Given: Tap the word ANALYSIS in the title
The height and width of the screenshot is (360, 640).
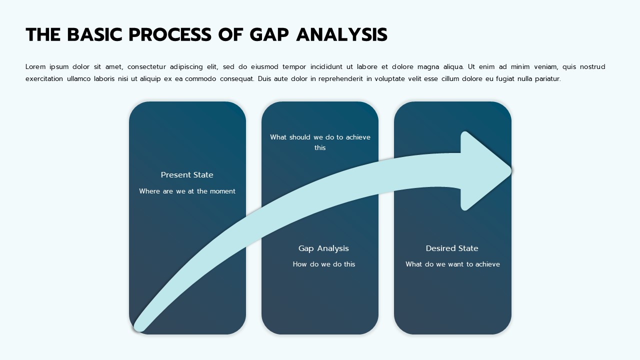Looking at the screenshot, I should (x=341, y=34).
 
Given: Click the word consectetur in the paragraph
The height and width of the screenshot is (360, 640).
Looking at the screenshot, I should (x=146, y=66).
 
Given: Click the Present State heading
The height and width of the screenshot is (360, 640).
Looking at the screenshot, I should (x=187, y=174).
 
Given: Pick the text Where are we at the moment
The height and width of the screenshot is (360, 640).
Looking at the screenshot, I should (x=187, y=191).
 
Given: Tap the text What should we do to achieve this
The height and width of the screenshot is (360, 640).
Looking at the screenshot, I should (x=320, y=142).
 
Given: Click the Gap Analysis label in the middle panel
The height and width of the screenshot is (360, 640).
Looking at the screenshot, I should (x=323, y=248).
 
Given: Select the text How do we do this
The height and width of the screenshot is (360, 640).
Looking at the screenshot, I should (x=323, y=264).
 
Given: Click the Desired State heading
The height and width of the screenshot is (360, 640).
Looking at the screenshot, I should (x=452, y=248).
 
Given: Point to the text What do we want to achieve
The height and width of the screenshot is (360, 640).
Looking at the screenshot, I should (x=452, y=264).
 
